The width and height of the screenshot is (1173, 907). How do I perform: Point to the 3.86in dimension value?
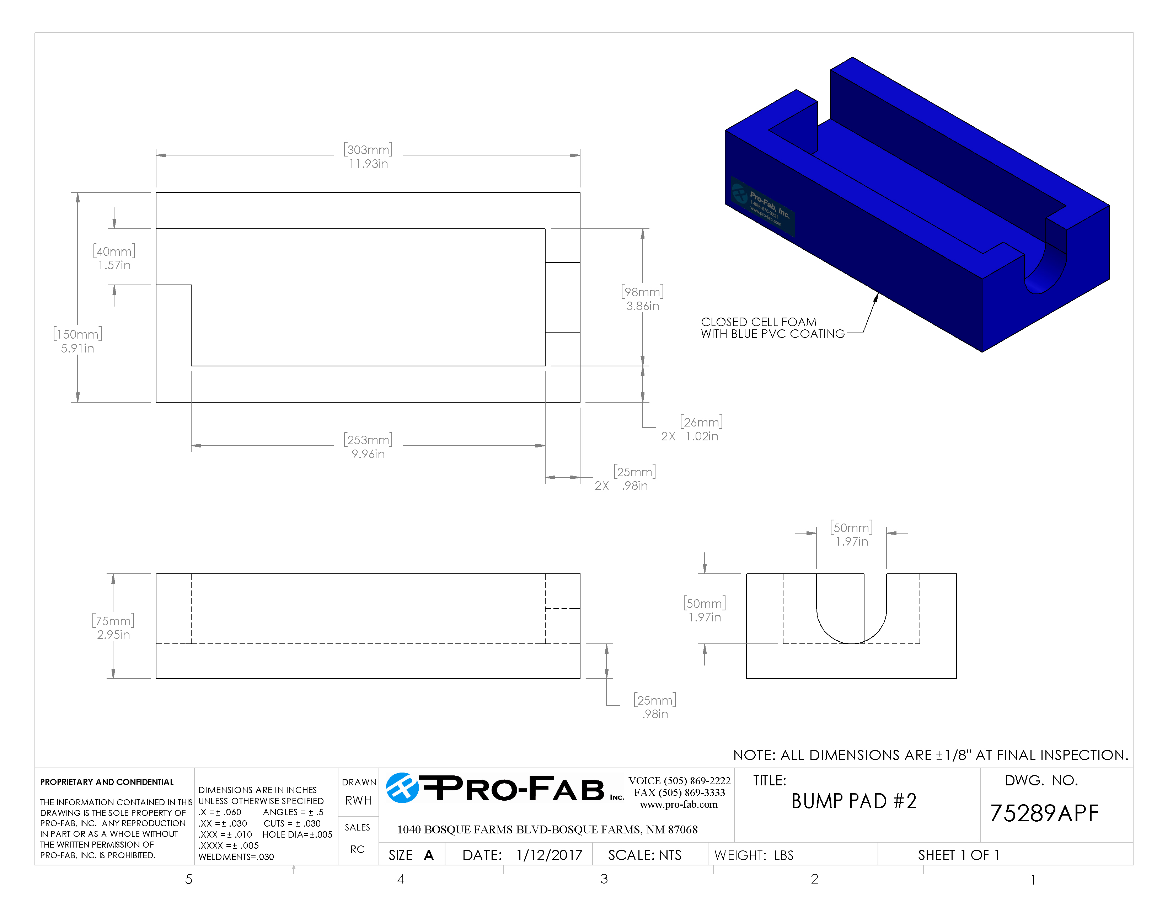[642, 306]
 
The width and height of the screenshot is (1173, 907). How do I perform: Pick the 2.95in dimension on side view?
[113, 635]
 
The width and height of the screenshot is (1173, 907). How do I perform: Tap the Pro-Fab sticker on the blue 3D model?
[763, 207]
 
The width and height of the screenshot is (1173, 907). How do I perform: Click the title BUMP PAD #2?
[853, 801]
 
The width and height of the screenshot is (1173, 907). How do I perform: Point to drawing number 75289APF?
[1044, 813]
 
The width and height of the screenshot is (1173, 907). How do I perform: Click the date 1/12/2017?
[549, 855]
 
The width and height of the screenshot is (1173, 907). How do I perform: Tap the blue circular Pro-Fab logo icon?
[402, 788]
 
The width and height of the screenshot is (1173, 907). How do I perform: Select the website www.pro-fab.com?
[678, 804]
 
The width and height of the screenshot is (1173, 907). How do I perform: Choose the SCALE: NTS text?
[644, 855]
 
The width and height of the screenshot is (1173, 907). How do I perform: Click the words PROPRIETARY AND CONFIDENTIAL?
[107, 782]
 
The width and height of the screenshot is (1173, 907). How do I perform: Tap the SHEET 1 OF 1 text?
[958, 855]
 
